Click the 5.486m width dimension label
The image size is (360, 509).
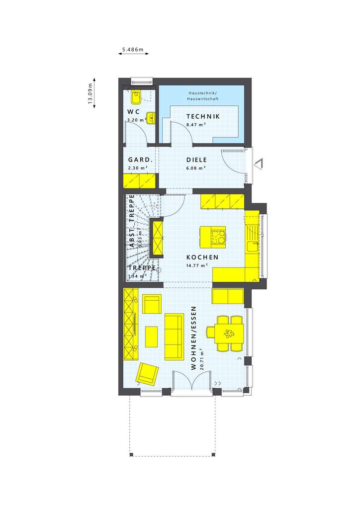click(x=133, y=49)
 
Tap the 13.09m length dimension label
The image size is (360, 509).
click(x=90, y=93)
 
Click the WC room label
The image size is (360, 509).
click(x=133, y=111)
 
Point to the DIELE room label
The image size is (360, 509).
click(x=196, y=160)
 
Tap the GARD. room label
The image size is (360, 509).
click(x=140, y=160)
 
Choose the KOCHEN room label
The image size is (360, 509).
click(x=202, y=257)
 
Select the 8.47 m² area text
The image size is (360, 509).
click(x=196, y=125)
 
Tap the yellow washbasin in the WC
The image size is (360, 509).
click(x=151, y=118)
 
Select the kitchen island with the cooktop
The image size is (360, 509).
click(x=212, y=236)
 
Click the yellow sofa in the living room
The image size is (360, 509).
click(x=174, y=337)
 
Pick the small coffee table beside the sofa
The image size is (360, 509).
click(x=151, y=337)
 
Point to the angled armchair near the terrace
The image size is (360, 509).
click(x=148, y=374)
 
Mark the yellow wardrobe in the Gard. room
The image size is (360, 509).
click(x=140, y=180)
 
